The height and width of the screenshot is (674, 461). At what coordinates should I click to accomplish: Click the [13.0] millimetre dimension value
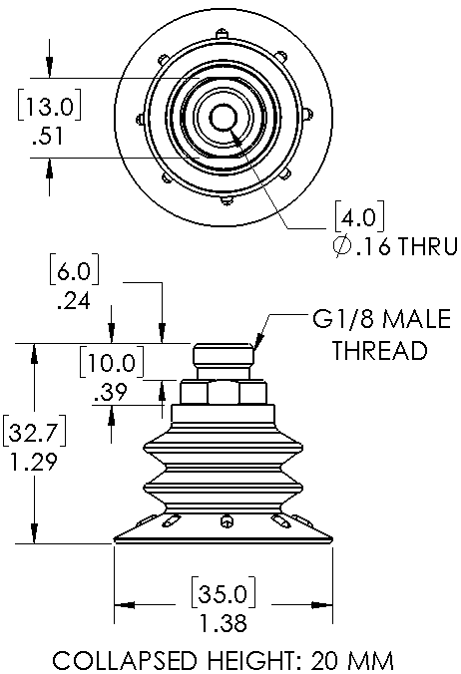tap(49, 105)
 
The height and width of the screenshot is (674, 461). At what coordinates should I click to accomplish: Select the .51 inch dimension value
tap(48, 136)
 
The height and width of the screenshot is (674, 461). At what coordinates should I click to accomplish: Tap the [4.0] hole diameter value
tap(359, 216)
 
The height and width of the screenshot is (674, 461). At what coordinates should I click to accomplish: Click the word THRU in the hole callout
tap(427, 246)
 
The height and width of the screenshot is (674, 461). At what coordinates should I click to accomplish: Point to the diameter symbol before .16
tap(342, 246)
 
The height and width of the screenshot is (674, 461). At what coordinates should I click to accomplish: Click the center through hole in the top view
tap(224, 117)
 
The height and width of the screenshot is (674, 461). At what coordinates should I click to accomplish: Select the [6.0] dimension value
tap(74, 269)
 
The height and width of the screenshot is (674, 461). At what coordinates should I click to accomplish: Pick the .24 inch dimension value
tap(74, 301)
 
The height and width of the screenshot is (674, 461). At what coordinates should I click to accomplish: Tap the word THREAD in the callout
tap(379, 350)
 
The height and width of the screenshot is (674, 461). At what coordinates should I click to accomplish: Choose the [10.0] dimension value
tap(112, 362)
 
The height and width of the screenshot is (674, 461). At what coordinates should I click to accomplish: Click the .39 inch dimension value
tap(111, 393)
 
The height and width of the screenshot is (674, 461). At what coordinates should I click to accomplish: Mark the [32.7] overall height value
tap(35, 431)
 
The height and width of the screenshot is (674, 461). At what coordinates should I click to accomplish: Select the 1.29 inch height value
tap(34, 463)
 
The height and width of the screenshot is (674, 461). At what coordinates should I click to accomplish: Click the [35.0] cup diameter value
tap(224, 593)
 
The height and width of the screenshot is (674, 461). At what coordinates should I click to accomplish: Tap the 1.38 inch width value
tap(224, 623)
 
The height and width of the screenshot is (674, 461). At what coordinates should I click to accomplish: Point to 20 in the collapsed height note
tap(324, 660)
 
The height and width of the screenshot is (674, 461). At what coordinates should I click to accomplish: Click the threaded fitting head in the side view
tap(224, 352)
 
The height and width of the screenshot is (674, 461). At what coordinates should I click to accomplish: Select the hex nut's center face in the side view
tap(224, 393)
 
